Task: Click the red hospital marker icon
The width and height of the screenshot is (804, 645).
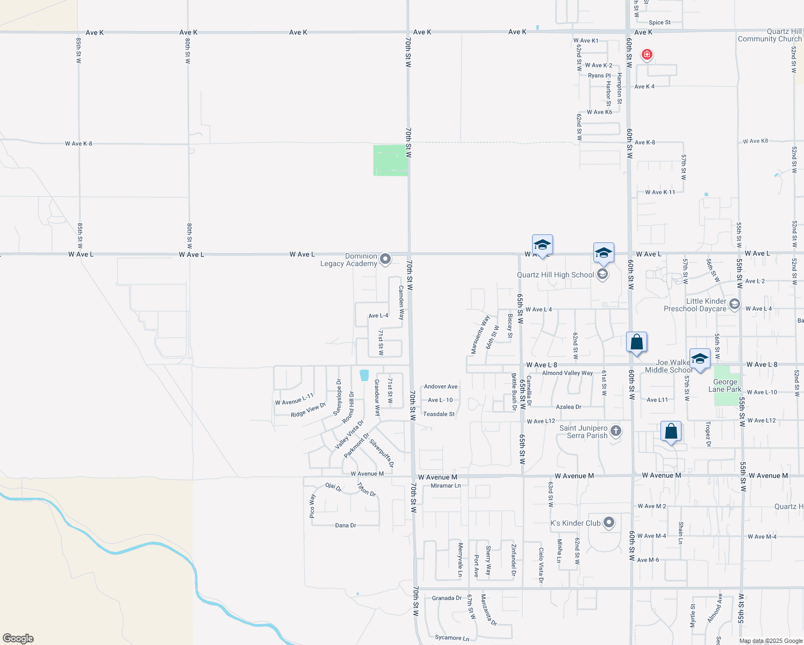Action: [647, 54]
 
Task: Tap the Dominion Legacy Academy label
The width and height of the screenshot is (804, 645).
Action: [349, 260]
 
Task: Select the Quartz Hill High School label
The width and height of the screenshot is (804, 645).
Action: [555, 275]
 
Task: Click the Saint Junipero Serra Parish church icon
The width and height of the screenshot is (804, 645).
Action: [616, 431]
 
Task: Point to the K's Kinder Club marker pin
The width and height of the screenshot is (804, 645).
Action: [609, 522]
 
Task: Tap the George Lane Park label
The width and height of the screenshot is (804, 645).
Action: [725, 385]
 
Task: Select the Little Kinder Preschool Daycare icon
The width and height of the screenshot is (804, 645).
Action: [735, 305]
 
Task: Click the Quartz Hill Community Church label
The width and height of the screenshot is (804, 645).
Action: [770, 35]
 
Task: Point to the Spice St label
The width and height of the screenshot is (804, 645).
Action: [659, 23]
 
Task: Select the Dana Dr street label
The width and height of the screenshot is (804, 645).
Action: [346, 525]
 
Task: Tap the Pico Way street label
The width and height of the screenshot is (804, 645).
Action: [312, 506]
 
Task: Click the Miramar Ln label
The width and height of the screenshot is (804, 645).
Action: [446, 485]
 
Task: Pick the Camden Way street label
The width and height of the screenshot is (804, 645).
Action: [401, 303]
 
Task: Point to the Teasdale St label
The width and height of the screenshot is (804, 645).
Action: [439, 414]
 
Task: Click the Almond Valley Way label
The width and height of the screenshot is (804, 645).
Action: [567, 373]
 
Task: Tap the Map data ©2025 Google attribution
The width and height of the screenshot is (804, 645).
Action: [771, 640]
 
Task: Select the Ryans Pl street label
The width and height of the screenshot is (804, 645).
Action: [599, 76]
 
